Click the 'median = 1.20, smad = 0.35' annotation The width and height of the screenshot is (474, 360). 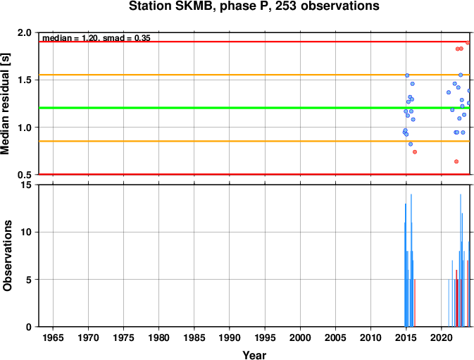(96, 38)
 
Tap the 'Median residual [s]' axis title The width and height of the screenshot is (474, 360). (5, 104)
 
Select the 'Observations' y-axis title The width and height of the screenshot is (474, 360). (6, 256)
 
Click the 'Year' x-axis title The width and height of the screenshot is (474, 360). (254, 355)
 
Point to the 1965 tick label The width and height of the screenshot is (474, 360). (54, 337)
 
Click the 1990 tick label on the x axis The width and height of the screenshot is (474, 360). (230, 337)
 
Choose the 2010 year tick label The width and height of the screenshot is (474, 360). (370, 337)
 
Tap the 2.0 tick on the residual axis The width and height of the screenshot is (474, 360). (25, 32)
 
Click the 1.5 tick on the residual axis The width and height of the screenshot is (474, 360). (25, 80)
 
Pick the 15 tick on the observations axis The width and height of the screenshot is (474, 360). (26, 185)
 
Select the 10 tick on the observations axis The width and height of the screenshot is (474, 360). (26, 232)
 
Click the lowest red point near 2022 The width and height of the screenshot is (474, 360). (456, 161)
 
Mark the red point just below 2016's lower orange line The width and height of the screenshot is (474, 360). (415, 151)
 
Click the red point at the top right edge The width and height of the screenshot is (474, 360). (468, 42)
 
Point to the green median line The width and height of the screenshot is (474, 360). (254, 108)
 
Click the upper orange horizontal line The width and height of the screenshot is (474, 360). (254, 75)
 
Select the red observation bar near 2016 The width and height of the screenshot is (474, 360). (415, 303)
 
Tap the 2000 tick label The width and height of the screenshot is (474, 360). (300, 337)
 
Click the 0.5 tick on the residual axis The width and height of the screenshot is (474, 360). (25, 175)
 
